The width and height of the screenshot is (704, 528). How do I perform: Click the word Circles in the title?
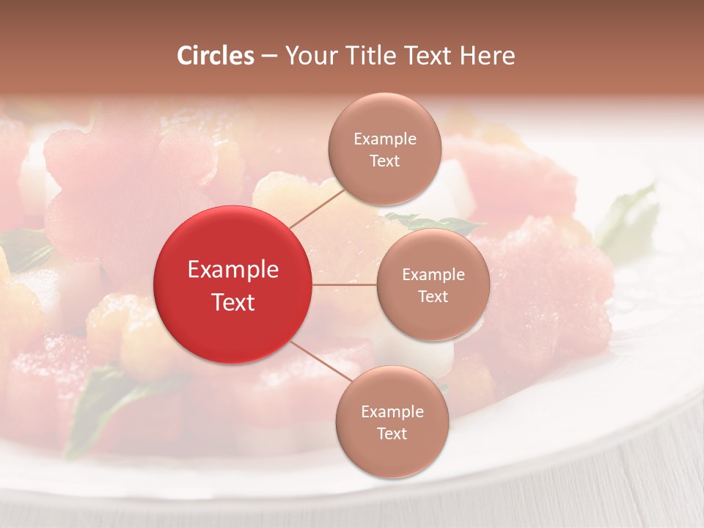[215, 56]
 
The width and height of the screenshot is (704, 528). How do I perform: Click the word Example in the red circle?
[233, 270]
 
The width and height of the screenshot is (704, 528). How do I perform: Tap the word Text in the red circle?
[233, 302]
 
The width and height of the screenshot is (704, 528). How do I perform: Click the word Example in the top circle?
[385, 139]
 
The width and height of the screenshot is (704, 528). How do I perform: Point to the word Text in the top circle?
[385, 161]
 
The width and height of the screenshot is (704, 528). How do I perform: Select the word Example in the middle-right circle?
[433, 275]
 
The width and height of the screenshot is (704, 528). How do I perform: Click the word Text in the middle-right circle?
[433, 297]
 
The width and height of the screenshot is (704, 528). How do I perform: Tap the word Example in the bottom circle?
[392, 412]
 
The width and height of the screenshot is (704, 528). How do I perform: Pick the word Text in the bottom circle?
[392, 434]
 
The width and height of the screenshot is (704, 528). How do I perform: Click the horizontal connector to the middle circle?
[345, 285]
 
